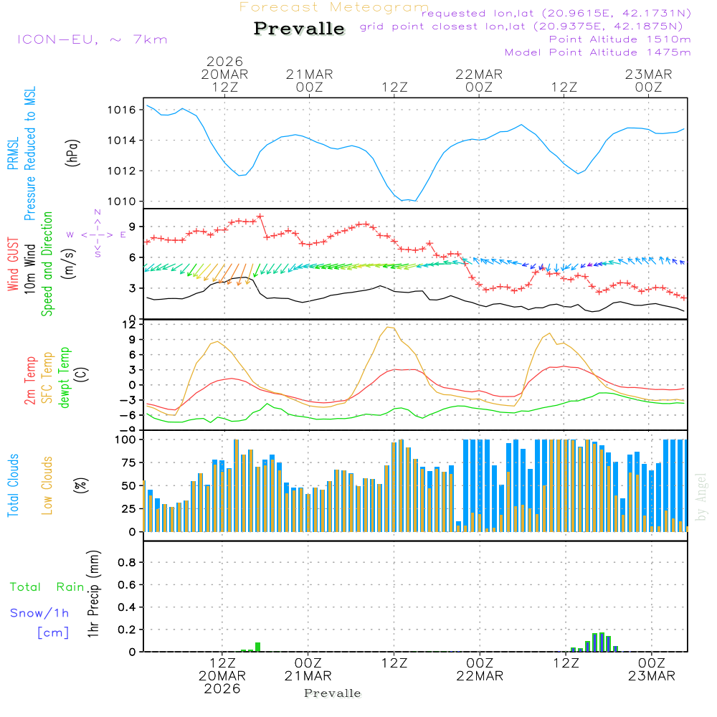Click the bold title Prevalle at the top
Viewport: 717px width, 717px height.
click(299, 29)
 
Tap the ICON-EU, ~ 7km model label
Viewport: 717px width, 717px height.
click(92, 39)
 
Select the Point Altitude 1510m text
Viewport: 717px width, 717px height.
click(619, 39)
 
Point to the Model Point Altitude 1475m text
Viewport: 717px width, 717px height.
click(597, 52)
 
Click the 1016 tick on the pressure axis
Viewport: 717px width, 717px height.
click(122, 110)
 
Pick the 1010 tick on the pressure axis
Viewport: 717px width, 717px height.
click(122, 201)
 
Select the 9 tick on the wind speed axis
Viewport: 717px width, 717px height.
click(132, 226)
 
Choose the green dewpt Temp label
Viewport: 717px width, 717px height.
click(65, 379)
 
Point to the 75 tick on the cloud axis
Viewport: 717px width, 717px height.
click(126, 462)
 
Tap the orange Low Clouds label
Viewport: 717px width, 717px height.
click(47, 484)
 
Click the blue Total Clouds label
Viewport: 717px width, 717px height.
click(13, 485)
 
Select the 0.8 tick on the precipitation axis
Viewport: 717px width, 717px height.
click(126, 563)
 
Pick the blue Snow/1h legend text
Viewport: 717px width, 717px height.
click(39, 614)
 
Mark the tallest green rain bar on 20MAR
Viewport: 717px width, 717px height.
click(258, 647)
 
